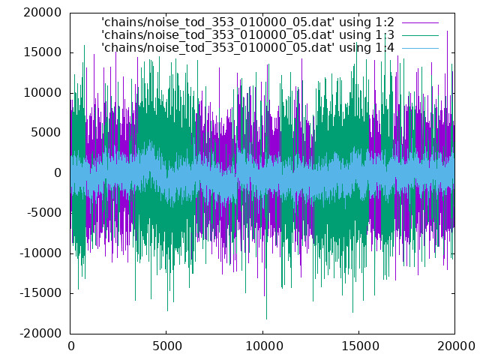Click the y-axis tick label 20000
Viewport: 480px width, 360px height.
(x=43, y=13)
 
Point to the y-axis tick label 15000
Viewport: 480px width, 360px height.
(x=43, y=52)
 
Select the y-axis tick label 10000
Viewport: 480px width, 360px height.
(x=43, y=93)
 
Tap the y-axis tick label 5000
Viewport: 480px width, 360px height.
(x=46, y=133)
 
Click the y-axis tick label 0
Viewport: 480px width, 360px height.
(x=58, y=173)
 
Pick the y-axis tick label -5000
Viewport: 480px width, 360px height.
(x=44, y=213)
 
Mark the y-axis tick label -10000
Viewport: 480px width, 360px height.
(x=40, y=253)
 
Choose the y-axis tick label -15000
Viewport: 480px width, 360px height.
(x=40, y=293)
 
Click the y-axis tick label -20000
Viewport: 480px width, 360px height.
(x=40, y=333)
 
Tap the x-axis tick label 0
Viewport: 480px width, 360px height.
(x=70, y=346)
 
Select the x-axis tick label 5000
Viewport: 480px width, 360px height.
(x=166, y=346)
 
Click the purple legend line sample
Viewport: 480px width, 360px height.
(x=420, y=22)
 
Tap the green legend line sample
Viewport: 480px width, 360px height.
(x=420, y=35)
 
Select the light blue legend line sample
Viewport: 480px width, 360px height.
(x=420, y=48)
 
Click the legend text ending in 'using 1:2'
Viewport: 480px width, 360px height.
(x=247, y=22)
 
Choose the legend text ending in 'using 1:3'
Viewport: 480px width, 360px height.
(x=247, y=35)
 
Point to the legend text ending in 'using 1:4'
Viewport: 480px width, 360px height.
(x=247, y=48)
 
